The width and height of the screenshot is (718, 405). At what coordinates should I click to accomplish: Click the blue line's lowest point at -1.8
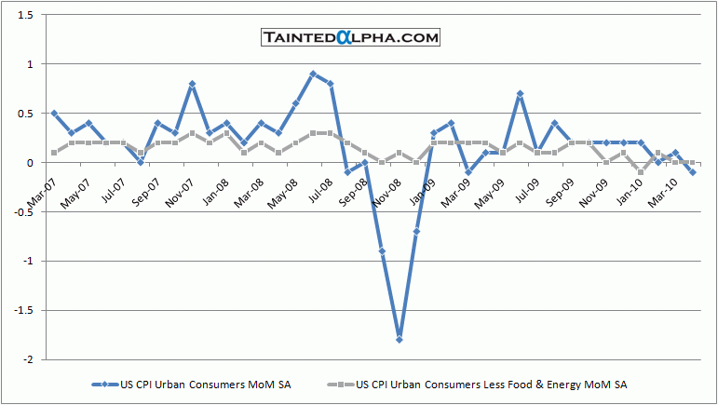pyautogui.click(x=399, y=340)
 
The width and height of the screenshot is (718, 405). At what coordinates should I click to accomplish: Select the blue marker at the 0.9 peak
pyautogui.click(x=313, y=74)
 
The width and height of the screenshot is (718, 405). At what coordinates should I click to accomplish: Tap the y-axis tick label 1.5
pyautogui.click(x=21, y=16)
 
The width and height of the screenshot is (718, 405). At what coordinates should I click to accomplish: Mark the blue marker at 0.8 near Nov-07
pyautogui.click(x=192, y=84)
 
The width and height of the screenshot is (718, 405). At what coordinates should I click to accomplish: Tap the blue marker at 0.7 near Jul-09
pyautogui.click(x=520, y=93)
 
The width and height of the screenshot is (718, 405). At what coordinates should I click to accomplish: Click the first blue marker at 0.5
pyautogui.click(x=54, y=113)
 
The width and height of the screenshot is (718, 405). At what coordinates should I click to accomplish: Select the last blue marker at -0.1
pyautogui.click(x=692, y=172)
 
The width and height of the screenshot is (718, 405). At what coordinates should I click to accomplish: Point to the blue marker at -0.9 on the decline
pyautogui.click(x=382, y=251)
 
